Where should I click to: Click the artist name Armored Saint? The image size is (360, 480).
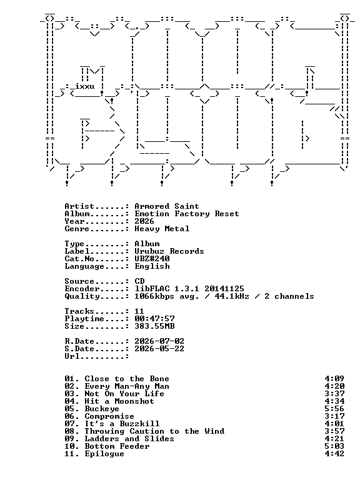pos(167,206)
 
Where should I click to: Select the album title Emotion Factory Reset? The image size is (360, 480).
pos(187,214)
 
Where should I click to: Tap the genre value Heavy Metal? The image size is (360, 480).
pos(162,229)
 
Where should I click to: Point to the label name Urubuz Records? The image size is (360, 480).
pos(169,251)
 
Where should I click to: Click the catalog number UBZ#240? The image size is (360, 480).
pos(152,259)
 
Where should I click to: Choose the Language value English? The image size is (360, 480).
pos(152,266)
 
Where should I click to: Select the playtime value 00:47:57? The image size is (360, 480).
pos(154,319)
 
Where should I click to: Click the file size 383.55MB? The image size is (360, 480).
pos(154,326)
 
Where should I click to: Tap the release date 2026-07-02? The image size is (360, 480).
pos(159,341)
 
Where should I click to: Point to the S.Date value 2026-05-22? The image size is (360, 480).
pos(159,349)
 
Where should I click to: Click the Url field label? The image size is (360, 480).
pos(72,356)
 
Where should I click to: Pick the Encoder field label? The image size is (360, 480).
pos(82,289)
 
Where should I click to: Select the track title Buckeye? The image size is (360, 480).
pos(102,409)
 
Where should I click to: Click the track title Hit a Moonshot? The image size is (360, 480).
pos(119,401)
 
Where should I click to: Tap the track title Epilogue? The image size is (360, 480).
pos(104,454)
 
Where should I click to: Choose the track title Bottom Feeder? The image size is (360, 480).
pos(117,446)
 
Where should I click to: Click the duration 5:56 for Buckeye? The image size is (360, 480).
pos(334,409)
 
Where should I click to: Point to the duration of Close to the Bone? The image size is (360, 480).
pos(334,379)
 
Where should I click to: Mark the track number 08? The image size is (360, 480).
pos(69,431)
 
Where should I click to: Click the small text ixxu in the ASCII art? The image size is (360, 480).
pos(85,86)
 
